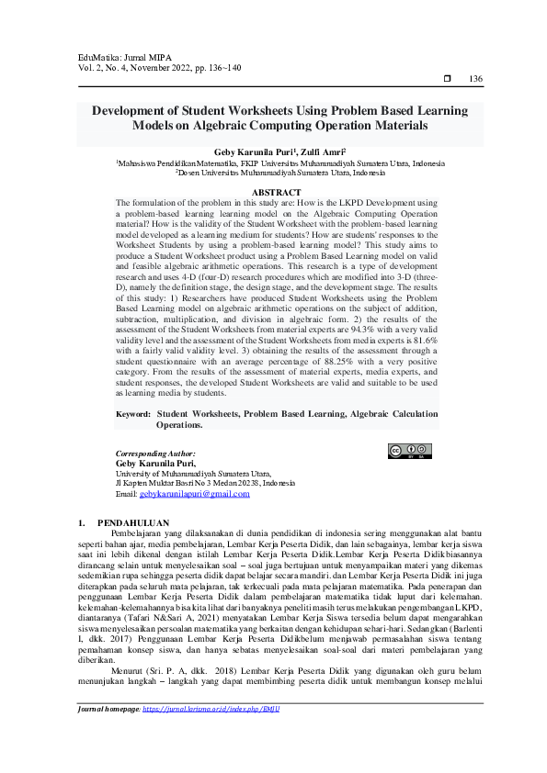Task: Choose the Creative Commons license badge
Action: pos(409,450)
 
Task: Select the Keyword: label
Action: pos(133,415)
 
